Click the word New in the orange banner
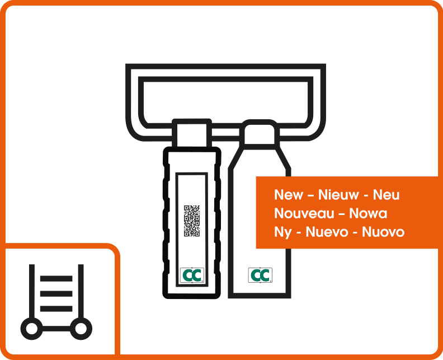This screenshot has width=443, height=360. (288, 195)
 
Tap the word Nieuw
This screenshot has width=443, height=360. (338, 195)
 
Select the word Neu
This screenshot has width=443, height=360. (386, 195)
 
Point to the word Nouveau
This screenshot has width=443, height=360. (304, 213)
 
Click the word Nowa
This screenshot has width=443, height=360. (368, 213)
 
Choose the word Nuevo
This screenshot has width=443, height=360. (327, 232)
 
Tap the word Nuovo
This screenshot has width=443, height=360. (383, 232)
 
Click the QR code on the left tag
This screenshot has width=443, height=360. (192, 221)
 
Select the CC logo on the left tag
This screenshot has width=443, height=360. (192, 275)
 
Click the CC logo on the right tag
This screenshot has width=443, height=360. (260, 275)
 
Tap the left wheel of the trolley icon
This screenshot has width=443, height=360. (32, 329)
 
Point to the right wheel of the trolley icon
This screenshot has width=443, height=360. (81, 329)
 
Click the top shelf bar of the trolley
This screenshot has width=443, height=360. (56, 279)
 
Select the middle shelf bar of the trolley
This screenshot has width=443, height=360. (56, 293)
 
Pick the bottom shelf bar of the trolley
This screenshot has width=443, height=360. (56, 308)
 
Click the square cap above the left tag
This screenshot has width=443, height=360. (192, 133)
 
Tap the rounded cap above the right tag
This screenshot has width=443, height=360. (260, 134)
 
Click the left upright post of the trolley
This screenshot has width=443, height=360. (32, 291)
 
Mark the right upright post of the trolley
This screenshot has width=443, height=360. (81, 291)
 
